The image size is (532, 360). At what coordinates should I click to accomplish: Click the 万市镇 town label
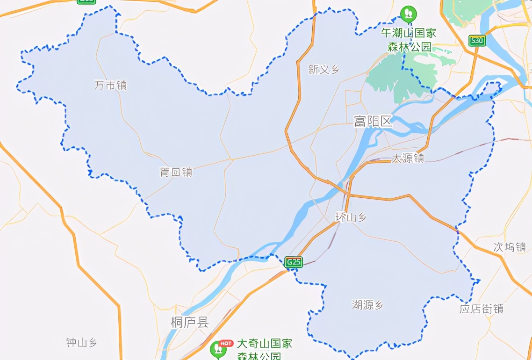(110, 85)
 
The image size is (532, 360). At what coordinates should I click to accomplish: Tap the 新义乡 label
(324, 70)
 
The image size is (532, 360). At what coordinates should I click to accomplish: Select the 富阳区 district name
(373, 122)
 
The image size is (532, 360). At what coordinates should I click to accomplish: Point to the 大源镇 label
(407, 158)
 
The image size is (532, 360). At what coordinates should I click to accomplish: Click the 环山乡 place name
(351, 217)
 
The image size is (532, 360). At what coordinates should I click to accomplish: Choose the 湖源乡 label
(367, 305)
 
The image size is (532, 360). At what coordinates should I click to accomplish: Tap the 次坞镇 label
(510, 247)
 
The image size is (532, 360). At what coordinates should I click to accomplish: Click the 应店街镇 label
(482, 309)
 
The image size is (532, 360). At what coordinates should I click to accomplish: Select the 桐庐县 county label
(189, 322)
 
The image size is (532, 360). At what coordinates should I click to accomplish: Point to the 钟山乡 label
(82, 343)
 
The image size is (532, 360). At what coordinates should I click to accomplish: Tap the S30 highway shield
(477, 41)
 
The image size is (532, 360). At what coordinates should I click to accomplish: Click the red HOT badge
(226, 344)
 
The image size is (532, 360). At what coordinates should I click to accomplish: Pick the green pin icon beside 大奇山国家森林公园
(217, 349)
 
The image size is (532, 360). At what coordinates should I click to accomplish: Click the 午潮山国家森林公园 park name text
(409, 40)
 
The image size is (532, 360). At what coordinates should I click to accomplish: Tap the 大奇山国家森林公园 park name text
(264, 350)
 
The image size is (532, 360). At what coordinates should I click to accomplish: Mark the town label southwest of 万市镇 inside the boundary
(176, 173)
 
